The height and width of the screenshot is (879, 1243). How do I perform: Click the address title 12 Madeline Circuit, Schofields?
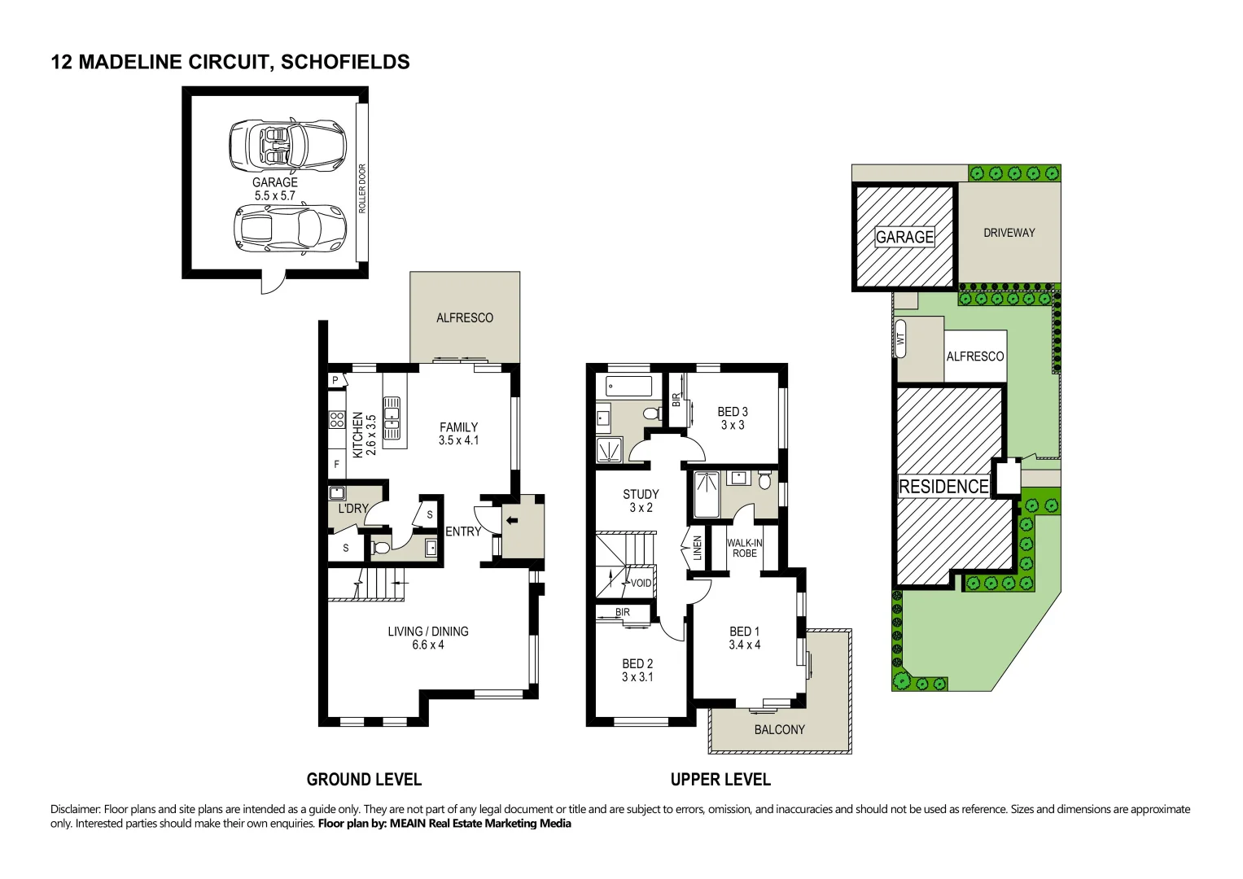[x=230, y=62]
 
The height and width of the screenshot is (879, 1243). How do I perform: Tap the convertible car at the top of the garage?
[x=287, y=146]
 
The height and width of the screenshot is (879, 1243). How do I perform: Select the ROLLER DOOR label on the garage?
[x=362, y=189]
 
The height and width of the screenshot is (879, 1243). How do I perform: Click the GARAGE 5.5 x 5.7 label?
[x=274, y=189]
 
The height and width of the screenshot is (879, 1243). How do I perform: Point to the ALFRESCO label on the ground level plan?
[x=464, y=318]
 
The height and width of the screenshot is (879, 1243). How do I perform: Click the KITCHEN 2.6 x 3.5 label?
[x=364, y=435]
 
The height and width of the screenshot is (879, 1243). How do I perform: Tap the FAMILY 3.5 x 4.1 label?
[x=458, y=434]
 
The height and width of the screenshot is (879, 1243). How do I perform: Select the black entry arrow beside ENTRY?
[x=512, y=521]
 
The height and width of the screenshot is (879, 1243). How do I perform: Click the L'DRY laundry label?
[x=353, y=509]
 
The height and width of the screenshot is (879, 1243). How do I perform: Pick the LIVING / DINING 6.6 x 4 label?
[x=428, y=638]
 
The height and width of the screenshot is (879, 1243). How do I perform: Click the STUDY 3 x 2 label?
[x=641, y=501]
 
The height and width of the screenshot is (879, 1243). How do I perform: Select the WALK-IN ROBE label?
[x=745, y=548]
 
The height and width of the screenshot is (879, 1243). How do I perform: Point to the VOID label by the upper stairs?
[x=641, y=583]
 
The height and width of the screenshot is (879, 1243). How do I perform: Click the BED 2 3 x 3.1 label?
[x=637, y=670]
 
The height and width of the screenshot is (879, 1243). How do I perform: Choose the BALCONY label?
[x=779, y=730]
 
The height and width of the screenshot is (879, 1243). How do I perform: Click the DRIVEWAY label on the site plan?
[x=1009, y=233]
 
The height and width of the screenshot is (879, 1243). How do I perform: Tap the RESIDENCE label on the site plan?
[x=943, y=487]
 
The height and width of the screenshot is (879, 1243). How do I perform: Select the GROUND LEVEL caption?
[x=364, y=780]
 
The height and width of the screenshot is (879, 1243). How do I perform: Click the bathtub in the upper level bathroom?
[x=628, y=386]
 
